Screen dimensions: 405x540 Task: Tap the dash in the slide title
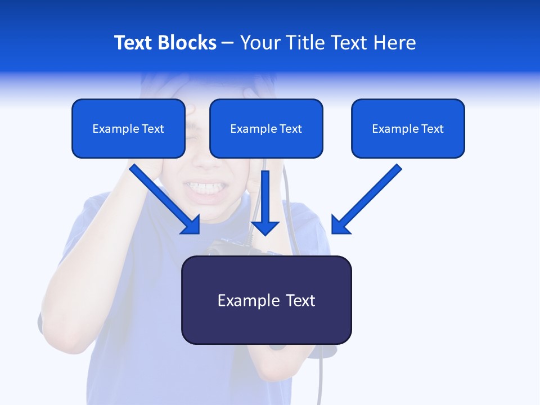(228, 43)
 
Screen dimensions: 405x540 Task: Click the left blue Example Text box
(128, 128)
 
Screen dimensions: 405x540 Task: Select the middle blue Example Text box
(266, 128)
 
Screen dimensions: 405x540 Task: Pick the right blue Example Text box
(408, 128)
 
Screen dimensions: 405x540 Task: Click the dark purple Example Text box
(266, 300)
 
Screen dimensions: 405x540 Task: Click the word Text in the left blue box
(152, 129)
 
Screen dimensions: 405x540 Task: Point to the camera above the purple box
(228, 247)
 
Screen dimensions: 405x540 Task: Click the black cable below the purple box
(321, 377)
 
